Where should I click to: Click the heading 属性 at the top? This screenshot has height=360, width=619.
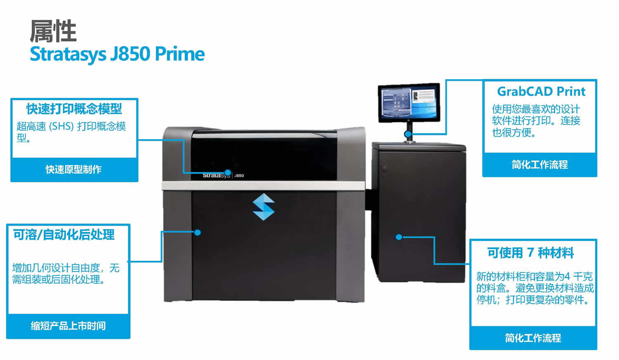click(x=53, y=31)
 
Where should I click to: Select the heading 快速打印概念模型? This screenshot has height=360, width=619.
click(x=74, y=109)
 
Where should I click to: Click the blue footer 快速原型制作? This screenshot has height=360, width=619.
click(x=74, y=169)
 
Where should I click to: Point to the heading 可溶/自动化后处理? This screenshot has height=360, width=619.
click(x=64, y=235)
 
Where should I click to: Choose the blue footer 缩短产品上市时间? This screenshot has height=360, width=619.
click(x=68, y=326)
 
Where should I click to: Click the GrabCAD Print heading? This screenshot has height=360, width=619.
click(x=541, y=91)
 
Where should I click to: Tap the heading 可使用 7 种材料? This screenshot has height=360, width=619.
click(x=530, y=252)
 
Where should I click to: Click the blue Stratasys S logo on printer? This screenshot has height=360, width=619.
click(x=264, y=207)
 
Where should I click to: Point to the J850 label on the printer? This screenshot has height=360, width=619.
click(x=239, y=176)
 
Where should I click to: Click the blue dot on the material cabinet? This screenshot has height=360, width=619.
click(x=399, y=237)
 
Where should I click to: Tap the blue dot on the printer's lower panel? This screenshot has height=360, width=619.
click(x=198, y=233)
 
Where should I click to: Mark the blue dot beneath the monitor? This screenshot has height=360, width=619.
click(x=408, y=134)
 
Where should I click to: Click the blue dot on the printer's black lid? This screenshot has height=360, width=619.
click(x=227, y=172)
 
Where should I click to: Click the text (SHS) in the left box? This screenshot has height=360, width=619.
click(x=62, y=126)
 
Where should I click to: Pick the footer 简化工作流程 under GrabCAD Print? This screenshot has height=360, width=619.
click(x=540, y=165)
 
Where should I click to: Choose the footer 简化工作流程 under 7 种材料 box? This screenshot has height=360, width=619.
click(x=533, y=338)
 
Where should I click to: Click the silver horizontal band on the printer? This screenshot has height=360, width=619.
click(x=264, y=186)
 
